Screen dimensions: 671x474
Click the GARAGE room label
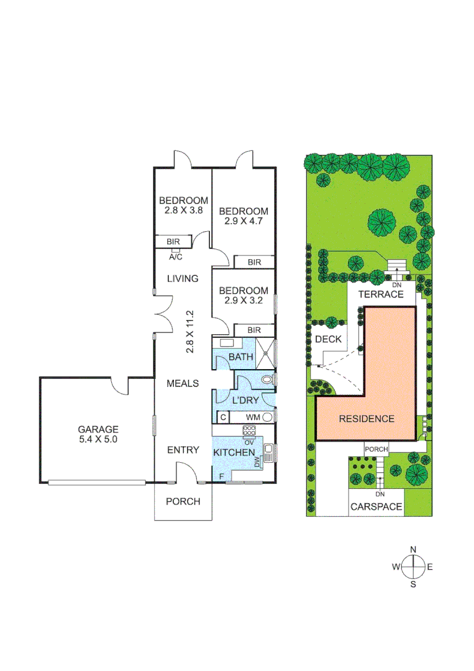click(98, 429)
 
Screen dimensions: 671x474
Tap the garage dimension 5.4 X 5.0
click(98, 438)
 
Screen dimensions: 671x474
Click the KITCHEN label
click(234, 452)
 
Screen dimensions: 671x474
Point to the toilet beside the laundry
click(267, 379)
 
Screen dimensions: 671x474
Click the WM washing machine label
click(253, 417)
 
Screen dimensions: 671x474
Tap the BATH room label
click(240, 357)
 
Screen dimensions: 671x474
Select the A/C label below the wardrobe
click(175, 256)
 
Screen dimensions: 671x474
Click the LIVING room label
click(182, 278)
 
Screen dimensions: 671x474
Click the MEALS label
click(183, 383)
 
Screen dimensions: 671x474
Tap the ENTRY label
click(183, 450)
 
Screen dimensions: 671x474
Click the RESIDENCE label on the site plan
click(367, 418)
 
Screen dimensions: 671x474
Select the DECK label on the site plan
click(329, 339)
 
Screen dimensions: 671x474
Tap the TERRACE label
click(380, 294)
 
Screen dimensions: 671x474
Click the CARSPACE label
click(376, 507)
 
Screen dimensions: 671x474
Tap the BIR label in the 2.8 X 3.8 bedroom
click(173, 242)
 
